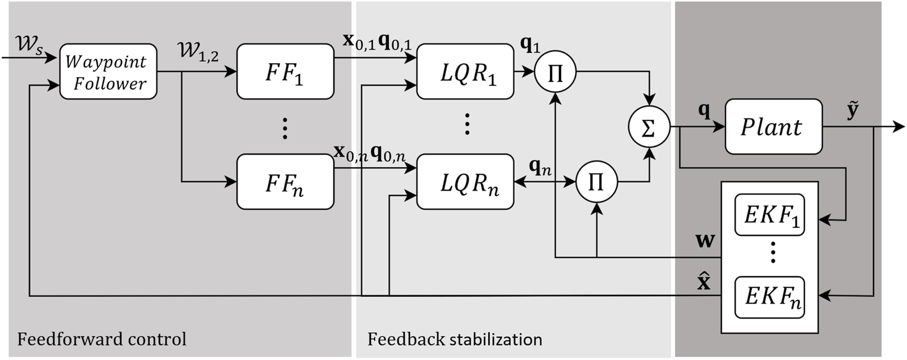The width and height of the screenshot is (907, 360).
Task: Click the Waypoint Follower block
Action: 108,71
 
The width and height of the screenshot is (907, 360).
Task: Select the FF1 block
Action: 285,71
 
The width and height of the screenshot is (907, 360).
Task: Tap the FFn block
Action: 285,181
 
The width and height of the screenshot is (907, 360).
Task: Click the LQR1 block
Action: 465,71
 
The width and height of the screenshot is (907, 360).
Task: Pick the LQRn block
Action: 465,181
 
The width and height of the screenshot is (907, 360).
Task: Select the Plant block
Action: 773,126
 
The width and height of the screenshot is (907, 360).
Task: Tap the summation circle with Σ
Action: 649,127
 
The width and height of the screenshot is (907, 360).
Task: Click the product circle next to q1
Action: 556,72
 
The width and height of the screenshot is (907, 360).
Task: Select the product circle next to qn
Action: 596,182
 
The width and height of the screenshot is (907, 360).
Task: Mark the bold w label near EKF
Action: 705,240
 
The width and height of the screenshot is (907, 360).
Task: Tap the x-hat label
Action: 703,281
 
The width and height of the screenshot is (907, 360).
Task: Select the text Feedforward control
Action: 101,339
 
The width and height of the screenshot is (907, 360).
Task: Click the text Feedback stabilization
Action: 455,339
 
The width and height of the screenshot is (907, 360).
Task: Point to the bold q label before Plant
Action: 703,111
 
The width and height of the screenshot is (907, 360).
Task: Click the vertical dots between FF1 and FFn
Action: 285,128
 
